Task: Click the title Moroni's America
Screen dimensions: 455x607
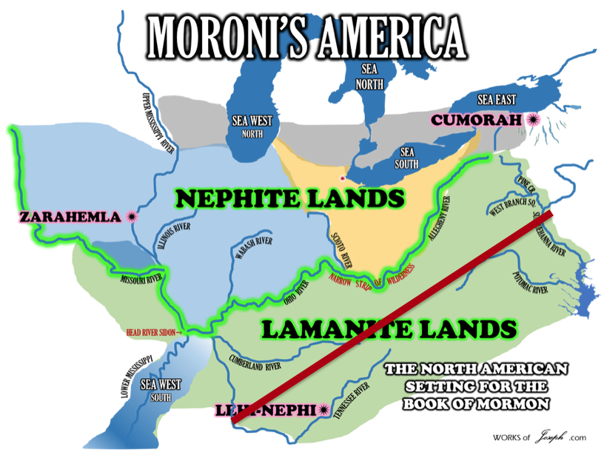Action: [307, 33]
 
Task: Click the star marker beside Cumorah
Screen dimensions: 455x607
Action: [532, 119]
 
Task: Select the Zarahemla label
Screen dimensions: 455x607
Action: [69, 217]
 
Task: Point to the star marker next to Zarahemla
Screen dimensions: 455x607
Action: [132, 217]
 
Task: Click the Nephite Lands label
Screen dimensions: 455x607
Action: [291, 198]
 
